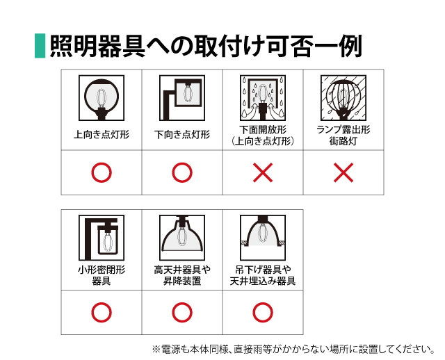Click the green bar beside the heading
pos(40,46)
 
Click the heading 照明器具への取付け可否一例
pos(206,47)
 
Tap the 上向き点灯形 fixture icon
pos(102,98)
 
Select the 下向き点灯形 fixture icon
pos(182,98)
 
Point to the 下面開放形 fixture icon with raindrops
pos(263,98)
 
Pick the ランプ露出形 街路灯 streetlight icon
pos(343,98)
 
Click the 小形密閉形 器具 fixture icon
pos(102,238)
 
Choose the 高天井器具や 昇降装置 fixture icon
pos(182,238)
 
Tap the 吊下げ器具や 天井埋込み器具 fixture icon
pos(263,238)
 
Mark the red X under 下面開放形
pos(263,172)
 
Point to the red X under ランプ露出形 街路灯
pos(343,172)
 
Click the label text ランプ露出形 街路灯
pos(343,136)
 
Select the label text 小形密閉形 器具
pos(102,275)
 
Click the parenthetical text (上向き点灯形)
pos(263,141)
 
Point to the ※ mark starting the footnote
pos(156,349)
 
